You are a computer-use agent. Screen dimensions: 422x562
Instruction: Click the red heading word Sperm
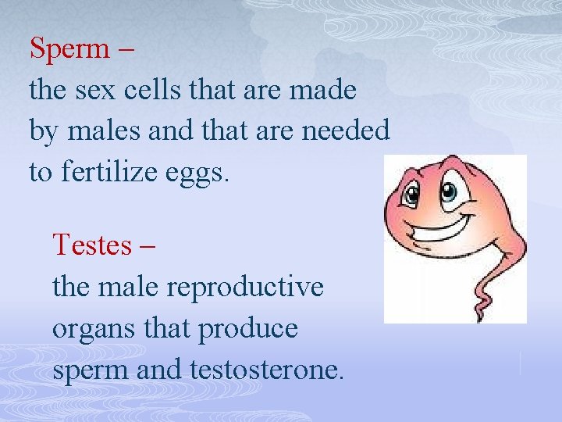point(69,48)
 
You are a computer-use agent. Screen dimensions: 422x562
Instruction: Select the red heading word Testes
point(91,245)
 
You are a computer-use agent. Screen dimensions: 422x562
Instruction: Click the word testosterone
point(265,369)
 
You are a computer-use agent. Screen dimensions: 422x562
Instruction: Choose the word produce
point(248,330)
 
